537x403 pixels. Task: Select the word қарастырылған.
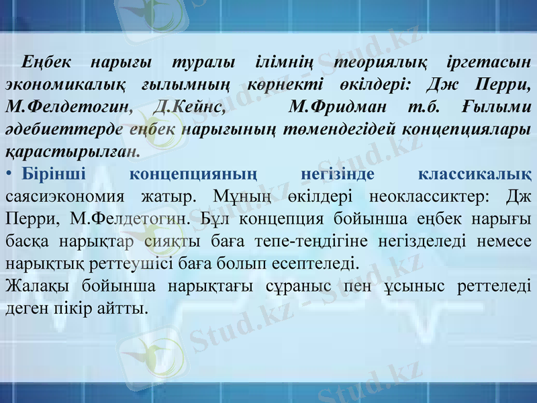(x=72, y=151)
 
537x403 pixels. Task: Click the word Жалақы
(x=38, y=285)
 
